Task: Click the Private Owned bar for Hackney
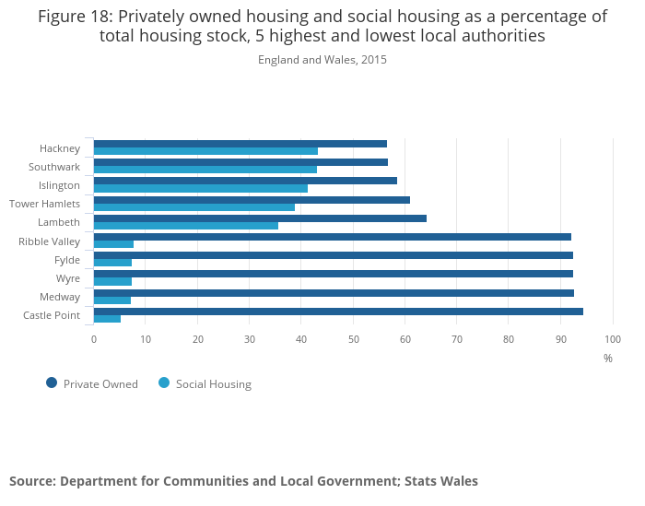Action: [x=240, y=144]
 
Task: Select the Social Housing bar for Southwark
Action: [x=205, y=170]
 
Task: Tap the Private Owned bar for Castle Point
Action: [x=338, y=312]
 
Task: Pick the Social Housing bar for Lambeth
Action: [x=185, y=226]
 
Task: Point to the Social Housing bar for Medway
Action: [x=112, y=300]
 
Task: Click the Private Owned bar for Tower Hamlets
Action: [x=252, y=200]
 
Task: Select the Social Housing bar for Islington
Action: [x=200, y=188]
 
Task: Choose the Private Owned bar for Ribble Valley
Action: [x=332, y=237]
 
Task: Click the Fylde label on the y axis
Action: [x=67, y=260]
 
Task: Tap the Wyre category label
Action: [x=68, y=278]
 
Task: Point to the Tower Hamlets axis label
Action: [x=44, y=204]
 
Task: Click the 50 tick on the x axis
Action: [x=353, y=339]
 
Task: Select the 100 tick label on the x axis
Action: [x=613, y=339]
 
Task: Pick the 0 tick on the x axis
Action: [x=93, y=339]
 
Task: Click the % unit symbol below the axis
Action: [x=608, y=359]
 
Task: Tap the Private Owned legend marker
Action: [x=52, y=383]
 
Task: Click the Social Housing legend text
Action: [x=214, y=384]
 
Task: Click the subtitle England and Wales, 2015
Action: [x=322, y=60]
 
